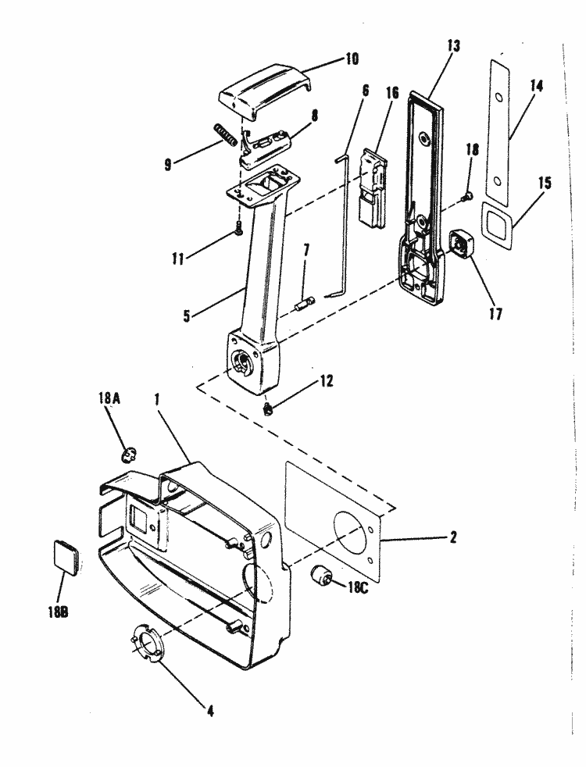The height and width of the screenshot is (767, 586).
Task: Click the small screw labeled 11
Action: [x=239, y=228]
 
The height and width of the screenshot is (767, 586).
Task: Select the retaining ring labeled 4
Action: [x=147, y=642]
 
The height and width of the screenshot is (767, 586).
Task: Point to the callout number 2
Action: [x=453, y=537]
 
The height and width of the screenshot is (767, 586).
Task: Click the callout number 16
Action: [x=391, y=94]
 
